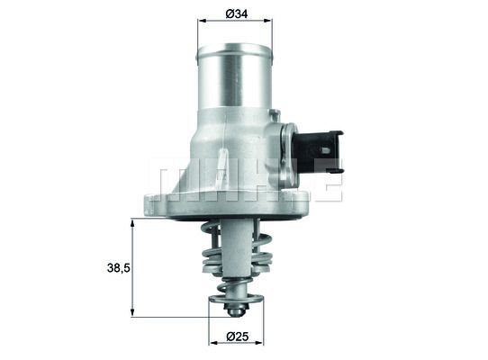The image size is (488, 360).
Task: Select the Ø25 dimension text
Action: (235, 337)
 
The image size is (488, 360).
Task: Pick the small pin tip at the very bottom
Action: (235, 311)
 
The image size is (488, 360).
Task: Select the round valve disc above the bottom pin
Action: (235, 300)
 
